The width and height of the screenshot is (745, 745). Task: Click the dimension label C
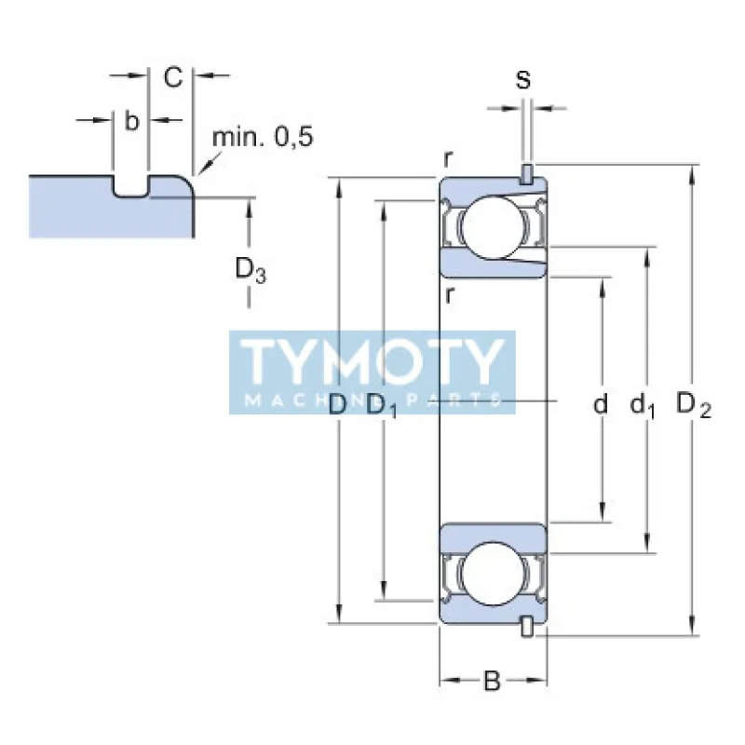173,78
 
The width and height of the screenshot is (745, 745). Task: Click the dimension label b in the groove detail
131,121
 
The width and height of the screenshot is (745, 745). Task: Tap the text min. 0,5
264,138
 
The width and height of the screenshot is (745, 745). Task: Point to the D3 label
250,270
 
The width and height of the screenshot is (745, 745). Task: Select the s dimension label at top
524,80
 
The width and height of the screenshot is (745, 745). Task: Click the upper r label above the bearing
449,159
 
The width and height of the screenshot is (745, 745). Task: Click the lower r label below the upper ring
449,296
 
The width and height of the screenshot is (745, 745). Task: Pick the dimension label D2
694,405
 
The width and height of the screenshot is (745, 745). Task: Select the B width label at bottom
492,682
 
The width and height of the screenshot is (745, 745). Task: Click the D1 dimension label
382,406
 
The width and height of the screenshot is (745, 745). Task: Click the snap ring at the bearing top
527,174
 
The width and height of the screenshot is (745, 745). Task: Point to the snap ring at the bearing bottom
527,628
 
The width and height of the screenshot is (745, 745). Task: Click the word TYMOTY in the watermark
372,361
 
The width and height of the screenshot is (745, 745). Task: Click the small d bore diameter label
601,404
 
